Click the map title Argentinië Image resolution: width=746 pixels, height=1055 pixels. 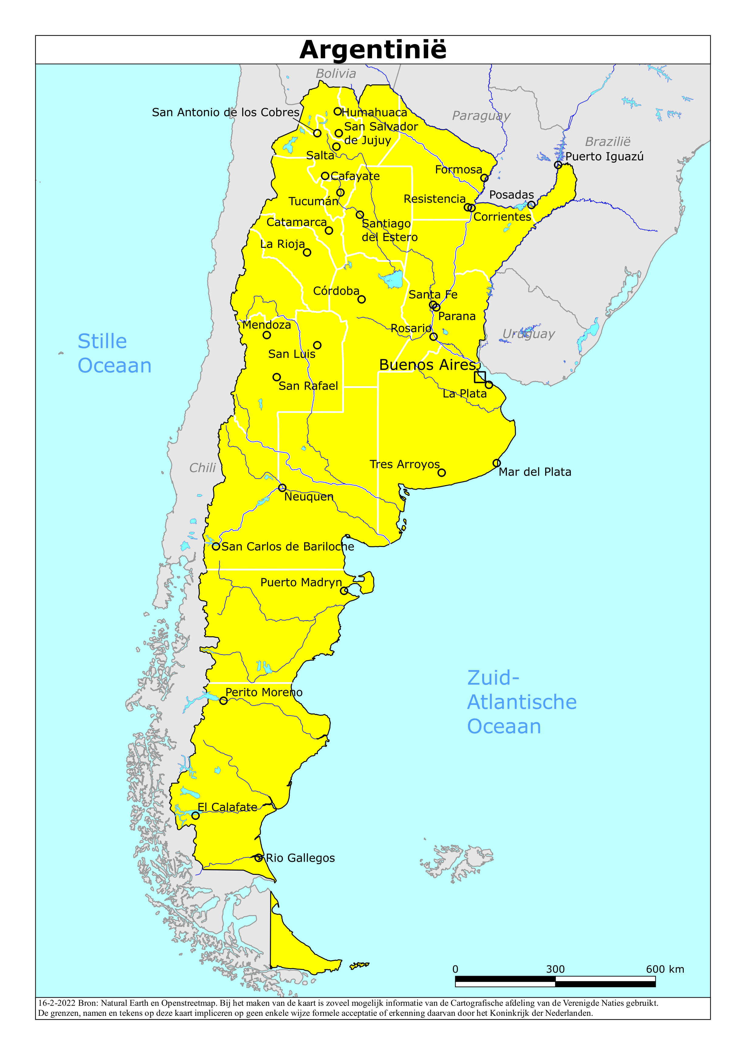coord(373,50)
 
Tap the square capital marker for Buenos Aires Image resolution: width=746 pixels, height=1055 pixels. coord(480,377)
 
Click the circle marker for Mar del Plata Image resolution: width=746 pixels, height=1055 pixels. coord(497,463)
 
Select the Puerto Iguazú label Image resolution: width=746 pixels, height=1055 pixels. coord(604,157)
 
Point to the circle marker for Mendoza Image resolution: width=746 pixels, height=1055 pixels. coord(266,335)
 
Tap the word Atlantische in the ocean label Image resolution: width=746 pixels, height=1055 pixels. coord(522,702)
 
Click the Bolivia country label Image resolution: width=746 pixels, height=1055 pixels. coord(335,74)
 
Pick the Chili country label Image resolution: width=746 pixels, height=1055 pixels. coord(202,468)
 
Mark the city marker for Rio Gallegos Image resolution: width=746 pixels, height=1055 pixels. coord(258,858)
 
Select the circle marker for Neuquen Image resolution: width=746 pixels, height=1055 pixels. coord(282,487)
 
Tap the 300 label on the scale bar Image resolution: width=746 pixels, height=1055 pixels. coord(555,969)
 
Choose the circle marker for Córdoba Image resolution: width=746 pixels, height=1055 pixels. coord(361,299)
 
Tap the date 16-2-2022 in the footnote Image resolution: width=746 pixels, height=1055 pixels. coord(57,1003)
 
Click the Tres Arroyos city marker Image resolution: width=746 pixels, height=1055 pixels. coord(441,473)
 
